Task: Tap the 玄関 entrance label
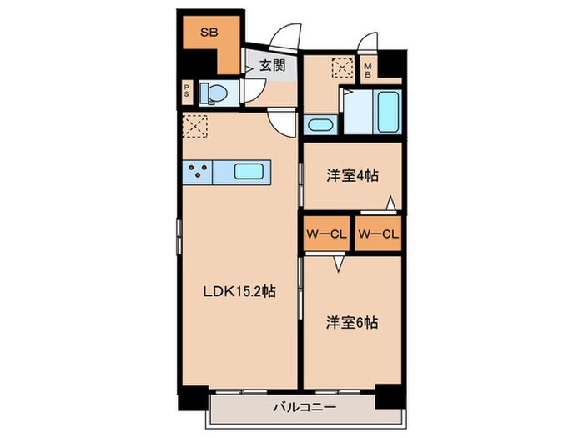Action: point(271,64)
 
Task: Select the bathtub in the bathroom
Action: point(388,111)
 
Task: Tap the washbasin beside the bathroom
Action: point(320,126)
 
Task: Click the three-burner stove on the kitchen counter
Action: point(198,173)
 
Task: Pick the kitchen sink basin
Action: point(249,172)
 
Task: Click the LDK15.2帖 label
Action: point(240,292)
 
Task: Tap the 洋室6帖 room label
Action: point(351,321)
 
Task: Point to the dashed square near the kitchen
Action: point(196,128)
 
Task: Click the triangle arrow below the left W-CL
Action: point(337,264)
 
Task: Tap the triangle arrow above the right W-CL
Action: point(390,203)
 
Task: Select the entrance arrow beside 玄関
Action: point(249,65)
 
